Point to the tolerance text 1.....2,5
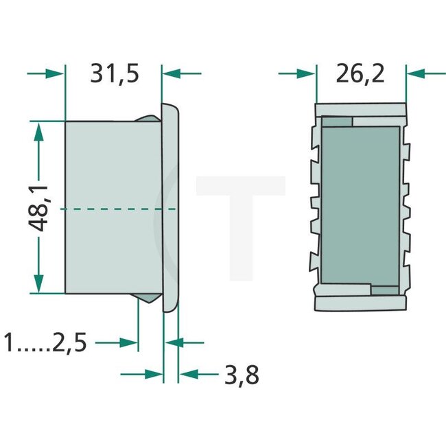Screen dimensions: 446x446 [x=45, y=342]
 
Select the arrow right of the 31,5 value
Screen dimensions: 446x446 [x=181, y=73]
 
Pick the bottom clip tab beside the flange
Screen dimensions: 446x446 [x=148, y=298]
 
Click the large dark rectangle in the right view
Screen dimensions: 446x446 [x=360, y=206]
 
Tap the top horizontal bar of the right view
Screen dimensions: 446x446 [x=360, y=110]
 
